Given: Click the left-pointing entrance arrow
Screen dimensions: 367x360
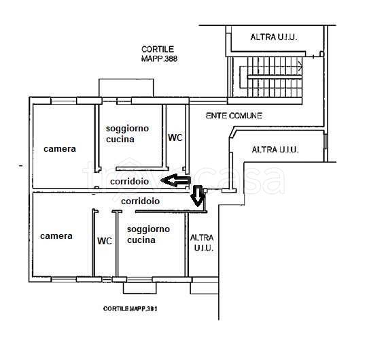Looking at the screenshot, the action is (x=175, y=180).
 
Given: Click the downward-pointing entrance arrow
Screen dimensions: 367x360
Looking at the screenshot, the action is (x=198, y=196).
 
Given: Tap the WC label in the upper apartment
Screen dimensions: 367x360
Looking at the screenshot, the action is (x=175, y=137).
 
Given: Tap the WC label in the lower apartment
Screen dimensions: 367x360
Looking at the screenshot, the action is (x=105, y=241).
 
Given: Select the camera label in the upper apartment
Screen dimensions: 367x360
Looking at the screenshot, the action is (x=60, y=149).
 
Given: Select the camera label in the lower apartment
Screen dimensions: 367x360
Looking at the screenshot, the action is (x=56, y=236).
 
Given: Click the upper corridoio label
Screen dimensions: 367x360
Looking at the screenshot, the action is (x=129, y=182).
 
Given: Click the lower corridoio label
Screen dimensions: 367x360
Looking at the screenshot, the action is (x=141, y=201).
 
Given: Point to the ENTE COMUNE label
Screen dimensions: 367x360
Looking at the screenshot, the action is (x=234, y=116).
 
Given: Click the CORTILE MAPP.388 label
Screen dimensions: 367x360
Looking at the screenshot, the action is (x=159, y=54).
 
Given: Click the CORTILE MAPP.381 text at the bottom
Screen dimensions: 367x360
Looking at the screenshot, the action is (x=130, y=309).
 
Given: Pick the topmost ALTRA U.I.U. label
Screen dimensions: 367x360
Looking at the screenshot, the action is (x=274, y=37).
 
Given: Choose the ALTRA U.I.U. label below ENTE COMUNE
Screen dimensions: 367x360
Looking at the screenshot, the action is (x=275, y=150).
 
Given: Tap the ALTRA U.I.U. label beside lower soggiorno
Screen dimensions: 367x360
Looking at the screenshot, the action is (x=202, y=243).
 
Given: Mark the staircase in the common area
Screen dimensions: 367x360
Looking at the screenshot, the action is (x=270, y=77).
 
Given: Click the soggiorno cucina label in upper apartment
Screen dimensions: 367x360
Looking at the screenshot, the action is (x=127, y=134).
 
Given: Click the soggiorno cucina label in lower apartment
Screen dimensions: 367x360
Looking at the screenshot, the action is (x=148, y=235).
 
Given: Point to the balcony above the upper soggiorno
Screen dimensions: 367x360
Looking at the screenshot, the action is (x=126, y=88).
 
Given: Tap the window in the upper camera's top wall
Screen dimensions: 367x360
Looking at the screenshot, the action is (x=64, y=101).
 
